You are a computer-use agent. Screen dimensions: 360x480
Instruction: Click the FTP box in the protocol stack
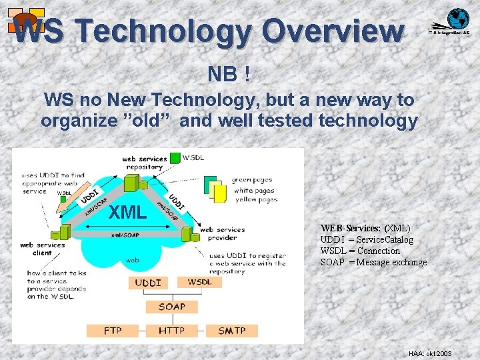[113, 331]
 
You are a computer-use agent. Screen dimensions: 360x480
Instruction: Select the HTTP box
[171, 331]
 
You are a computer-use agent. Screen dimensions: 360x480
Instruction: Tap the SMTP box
[231, 331]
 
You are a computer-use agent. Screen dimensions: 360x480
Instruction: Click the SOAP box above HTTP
[171, 307]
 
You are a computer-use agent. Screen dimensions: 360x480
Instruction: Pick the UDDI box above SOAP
[148, 283]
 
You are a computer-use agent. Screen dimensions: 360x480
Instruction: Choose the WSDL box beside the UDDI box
[200, 282]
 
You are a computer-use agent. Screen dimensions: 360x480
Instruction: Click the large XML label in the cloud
[127, 213]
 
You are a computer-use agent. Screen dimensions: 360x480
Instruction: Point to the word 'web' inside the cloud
[133, 260]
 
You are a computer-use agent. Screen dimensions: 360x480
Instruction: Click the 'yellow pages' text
[255, 199]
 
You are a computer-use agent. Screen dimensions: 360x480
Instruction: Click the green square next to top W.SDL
[175, 158]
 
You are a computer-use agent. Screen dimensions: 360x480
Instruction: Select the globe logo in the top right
[458, 19]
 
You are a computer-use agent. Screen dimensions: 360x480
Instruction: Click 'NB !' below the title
[229, 74]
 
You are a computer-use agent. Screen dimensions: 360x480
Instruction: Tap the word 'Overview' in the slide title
[332, 30]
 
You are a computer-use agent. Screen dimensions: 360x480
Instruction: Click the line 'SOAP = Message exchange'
[373, 262]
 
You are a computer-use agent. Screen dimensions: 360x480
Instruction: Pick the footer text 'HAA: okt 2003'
[430, 353]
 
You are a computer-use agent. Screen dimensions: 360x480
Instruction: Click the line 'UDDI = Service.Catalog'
[367, 239]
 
